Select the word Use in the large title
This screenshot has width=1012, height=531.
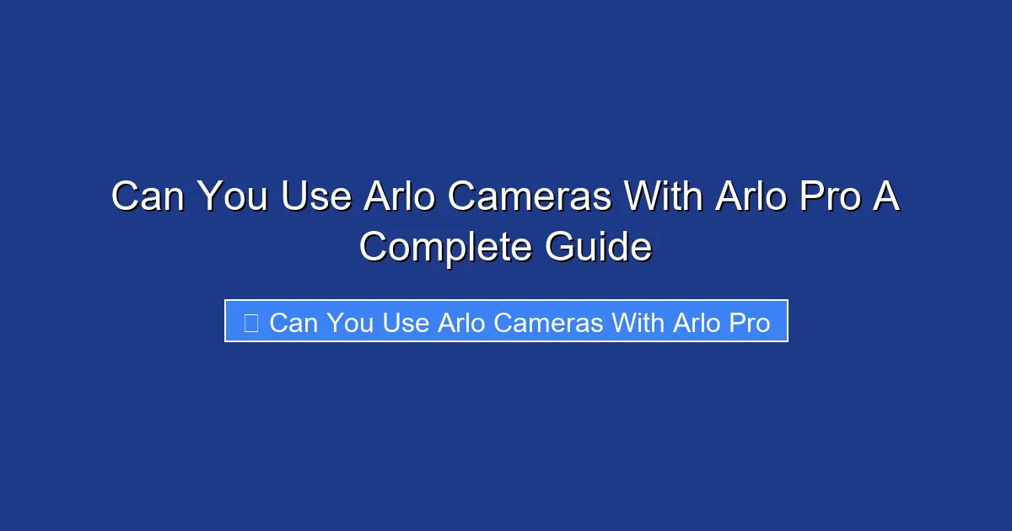pyautogui.click(x=316, y=197)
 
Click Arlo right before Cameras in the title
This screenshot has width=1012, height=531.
pyautogui.click(x=400, y=197)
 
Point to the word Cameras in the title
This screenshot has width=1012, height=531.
pyautogui.click(x=530, y=197)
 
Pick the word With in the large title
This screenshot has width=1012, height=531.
pyautogui.click(x=663, y=197)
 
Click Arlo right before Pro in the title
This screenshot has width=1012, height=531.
pyautogui.click(x=750, y=197)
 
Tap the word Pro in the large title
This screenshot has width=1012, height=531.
pyautogui.click(x=829, y=197)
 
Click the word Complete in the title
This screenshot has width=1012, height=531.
pyautogui.click(x=445, y=248)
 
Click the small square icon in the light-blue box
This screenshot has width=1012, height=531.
pyautogui.click(x=250, y=322)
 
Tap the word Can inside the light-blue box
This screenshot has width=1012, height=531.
pyautogui.click(x=293, y=322)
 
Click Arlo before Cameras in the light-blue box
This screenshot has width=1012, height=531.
pyautogui.click(x=462, y=322)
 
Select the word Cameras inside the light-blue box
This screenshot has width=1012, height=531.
pyautogui.click(x=549, y=322)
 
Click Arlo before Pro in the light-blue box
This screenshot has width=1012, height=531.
pyautogui.click(x=697, y=322)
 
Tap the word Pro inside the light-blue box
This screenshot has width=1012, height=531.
pyautogui.click(x=750, y=322)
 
